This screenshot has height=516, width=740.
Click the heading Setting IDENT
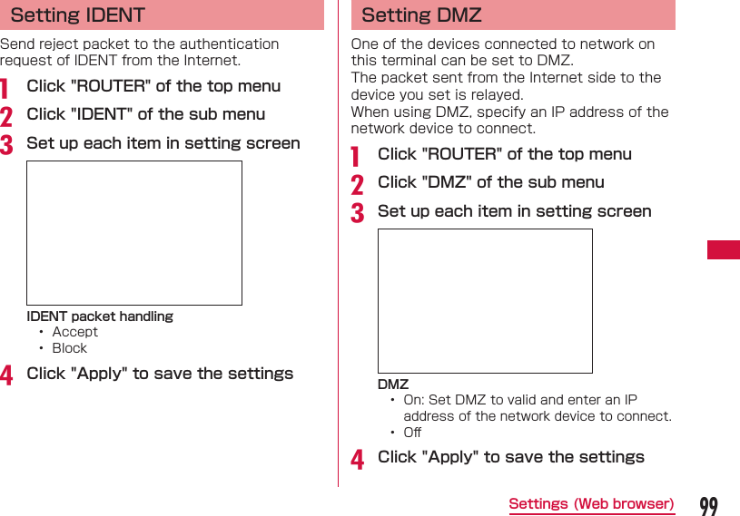(x=77, y=15)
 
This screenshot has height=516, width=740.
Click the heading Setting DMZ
(x=421, y=15)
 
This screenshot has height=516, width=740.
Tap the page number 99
(x=708, y=505)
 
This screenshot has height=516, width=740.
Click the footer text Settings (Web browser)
(x=591, y=504)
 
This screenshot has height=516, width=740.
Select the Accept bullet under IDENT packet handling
(x=74, y=332)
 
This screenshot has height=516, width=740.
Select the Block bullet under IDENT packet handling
(x=69, y=348)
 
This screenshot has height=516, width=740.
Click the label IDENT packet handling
(x=100, y=316)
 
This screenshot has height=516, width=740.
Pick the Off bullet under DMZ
(x=412, y=433)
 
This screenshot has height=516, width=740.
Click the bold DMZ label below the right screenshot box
(x=393, y=385)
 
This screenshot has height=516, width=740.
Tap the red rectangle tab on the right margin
(x=723, y=249)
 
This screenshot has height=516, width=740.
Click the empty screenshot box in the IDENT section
(x=134, y=233)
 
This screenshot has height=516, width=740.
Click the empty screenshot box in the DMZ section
(x=485, y=301)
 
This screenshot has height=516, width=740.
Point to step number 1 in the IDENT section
(x=6, y=88)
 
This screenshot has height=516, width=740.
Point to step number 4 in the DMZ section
(x=358, y=459)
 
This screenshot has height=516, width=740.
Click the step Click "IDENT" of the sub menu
(x=146, y=114)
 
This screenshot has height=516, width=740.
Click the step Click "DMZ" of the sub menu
(x=490, y=182)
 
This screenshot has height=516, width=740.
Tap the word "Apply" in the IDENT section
(x=98, y=374)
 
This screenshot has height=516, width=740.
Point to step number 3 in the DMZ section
(x=358, y=213)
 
